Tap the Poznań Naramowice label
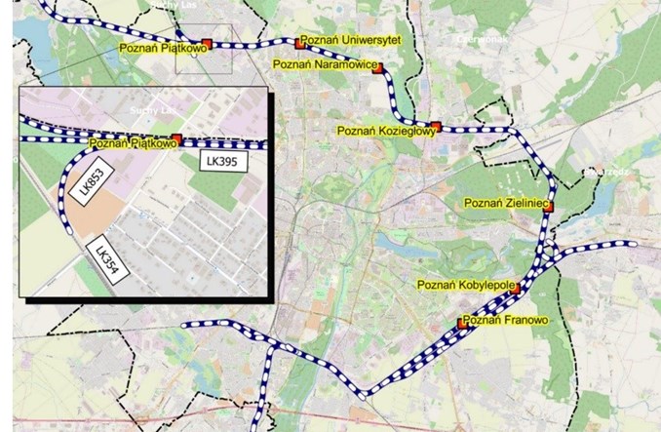pyautogui.click(x=322, y=64)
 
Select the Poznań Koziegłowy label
pyautogui.click(x=381, y=130)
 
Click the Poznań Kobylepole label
pyautogui.click(x=463, y=285)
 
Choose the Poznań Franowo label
pyautogui.click(x=507, y=320)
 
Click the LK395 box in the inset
pyautogui.click(x=222, y=160)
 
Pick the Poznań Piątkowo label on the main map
pyautogui.click(x=160, y=46)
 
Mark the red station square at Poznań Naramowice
pyautogui.click(x=378, y=67)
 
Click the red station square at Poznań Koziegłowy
pyautogui.click(x=436, y=126)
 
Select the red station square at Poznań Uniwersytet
pyautogui.click(x=300, y=43)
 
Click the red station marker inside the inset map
pyautogui.click(x=176, y=139)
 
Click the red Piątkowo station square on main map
pyautogui.click(x=207, y=44)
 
